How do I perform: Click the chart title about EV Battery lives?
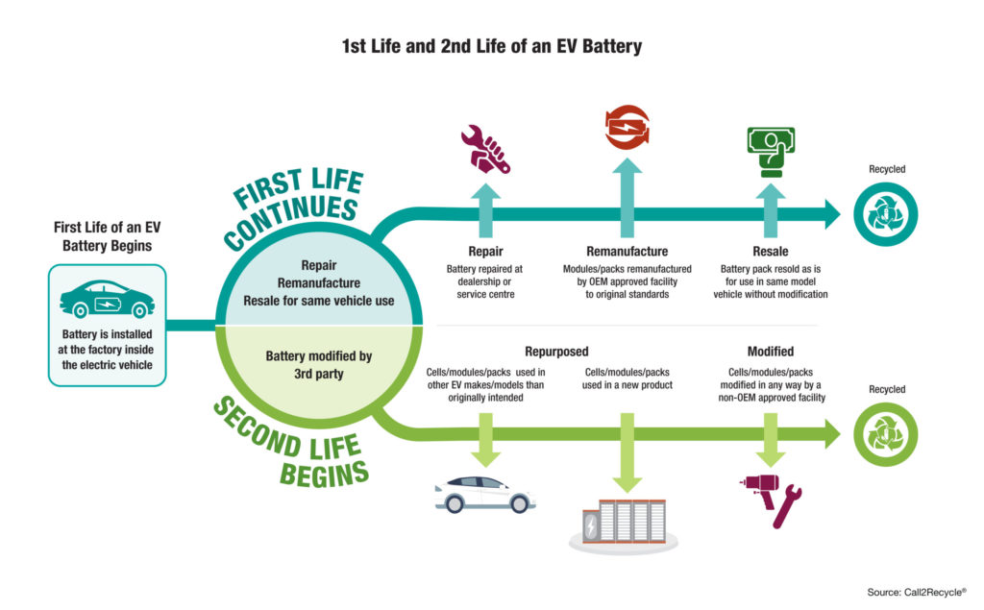point(491,45)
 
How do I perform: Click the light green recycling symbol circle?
point(885,434)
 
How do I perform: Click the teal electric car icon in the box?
point(107,298)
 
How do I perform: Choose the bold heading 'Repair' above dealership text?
point(484,252)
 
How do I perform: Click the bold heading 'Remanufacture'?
point(627,252)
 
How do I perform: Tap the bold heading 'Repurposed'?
point(556,352)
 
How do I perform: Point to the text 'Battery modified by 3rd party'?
point(319,363)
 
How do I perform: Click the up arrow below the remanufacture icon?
point(627,198)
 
